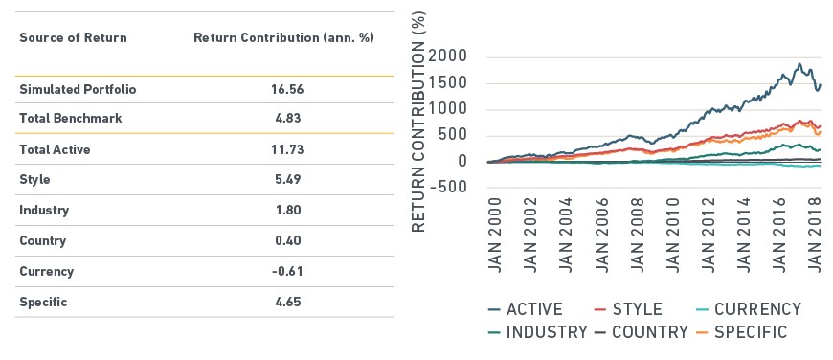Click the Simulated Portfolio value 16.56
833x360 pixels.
287,89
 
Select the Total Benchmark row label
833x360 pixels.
71,118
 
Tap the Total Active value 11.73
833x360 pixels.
287,149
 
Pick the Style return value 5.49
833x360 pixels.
287,179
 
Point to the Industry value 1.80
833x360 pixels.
287,211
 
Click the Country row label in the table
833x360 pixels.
42,241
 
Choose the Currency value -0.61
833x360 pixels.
287,271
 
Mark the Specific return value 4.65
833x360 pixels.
287,303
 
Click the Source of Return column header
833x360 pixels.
74,38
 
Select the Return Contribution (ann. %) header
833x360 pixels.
283,38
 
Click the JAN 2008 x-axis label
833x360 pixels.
637,236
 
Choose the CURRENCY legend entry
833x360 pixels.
748,309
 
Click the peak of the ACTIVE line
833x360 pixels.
799,64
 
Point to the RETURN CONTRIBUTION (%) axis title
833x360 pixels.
419,121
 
